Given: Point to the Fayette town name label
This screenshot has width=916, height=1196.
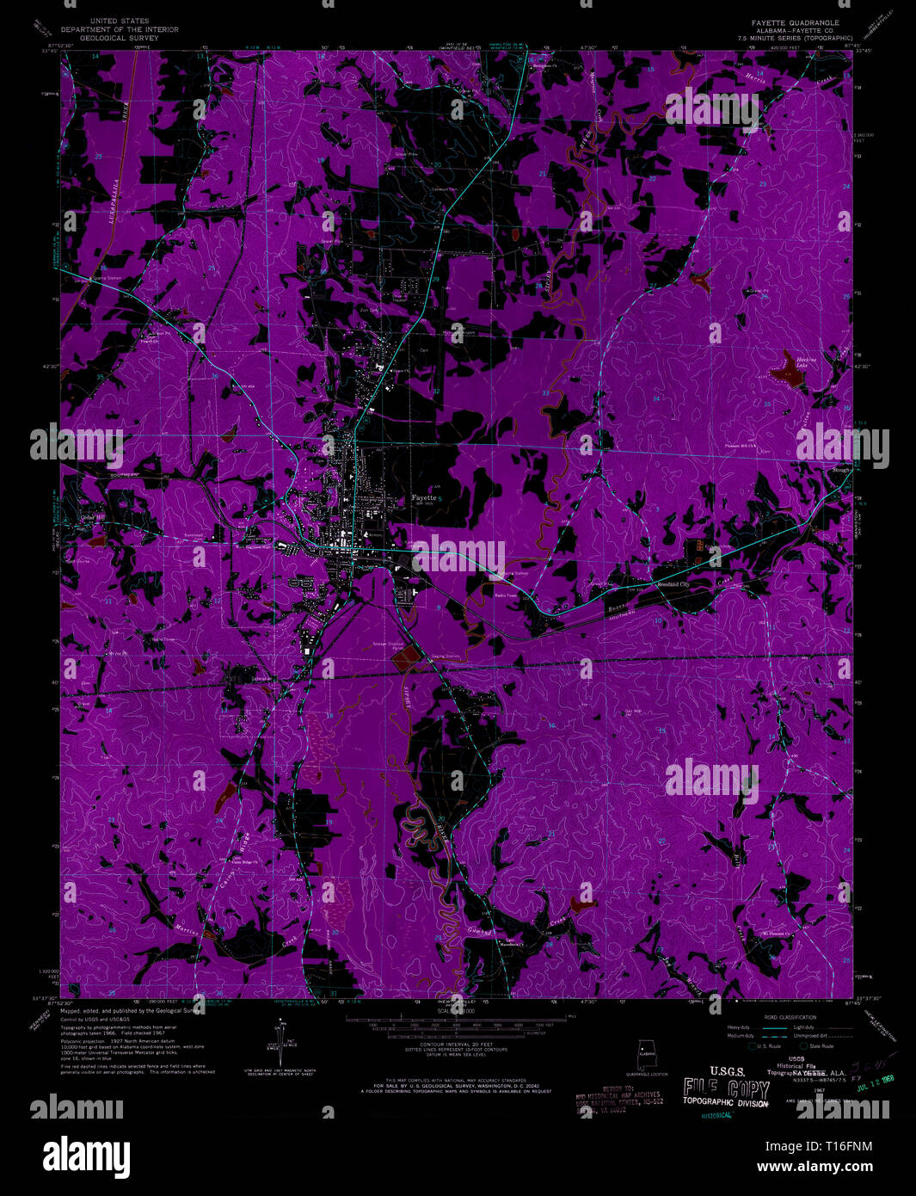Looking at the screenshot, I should click(422, 497).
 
